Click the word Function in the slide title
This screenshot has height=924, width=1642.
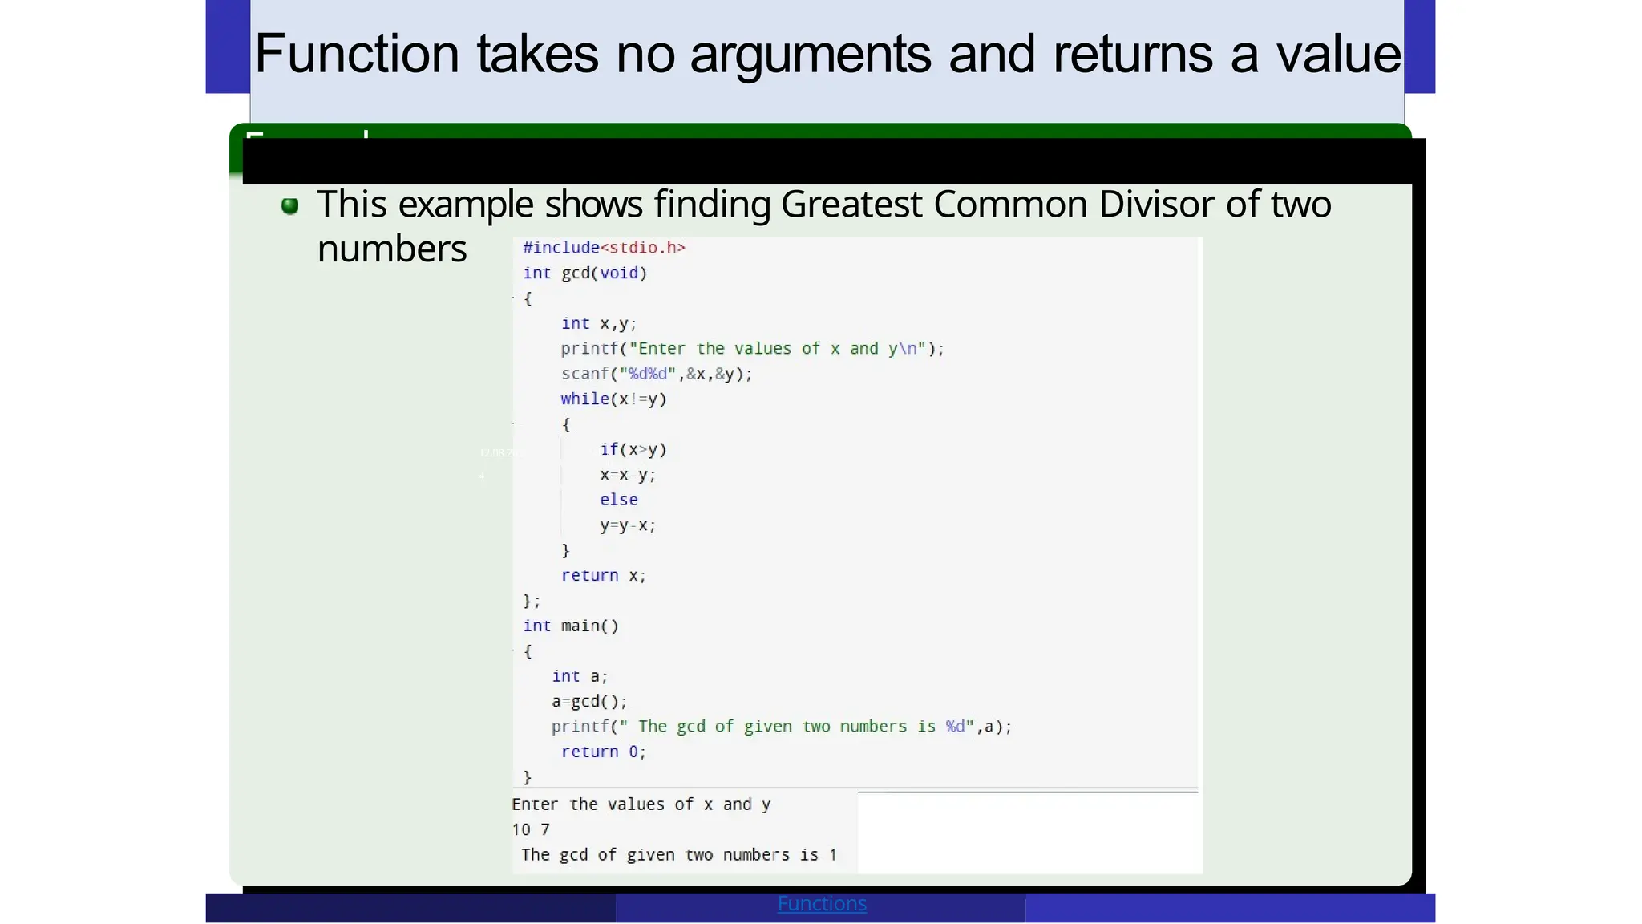click(357, 55)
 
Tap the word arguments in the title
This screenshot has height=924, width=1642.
click(810, 55)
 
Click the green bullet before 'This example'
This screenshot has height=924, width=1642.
click(289, 206)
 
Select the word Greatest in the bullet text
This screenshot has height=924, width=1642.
click(851, 205)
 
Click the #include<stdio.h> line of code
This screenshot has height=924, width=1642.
click(604, 248)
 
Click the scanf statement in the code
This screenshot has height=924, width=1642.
click(656, 374)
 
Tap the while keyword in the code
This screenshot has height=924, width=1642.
click(584, 399)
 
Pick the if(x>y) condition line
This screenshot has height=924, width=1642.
click(633, 450)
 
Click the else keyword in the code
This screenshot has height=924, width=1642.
click(618, 500)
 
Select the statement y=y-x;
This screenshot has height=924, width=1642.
click(627, 525)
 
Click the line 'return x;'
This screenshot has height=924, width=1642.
click(603, 576)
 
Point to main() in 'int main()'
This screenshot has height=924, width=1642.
click(589, 626)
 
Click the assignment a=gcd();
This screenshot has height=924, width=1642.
click(588, 702)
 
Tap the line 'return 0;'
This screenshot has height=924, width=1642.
click(603, 752)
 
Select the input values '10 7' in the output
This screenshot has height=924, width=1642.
click(531, 829)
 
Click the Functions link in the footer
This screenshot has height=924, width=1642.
click(822, 904)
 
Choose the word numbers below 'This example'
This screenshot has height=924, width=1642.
click(392, 249)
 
